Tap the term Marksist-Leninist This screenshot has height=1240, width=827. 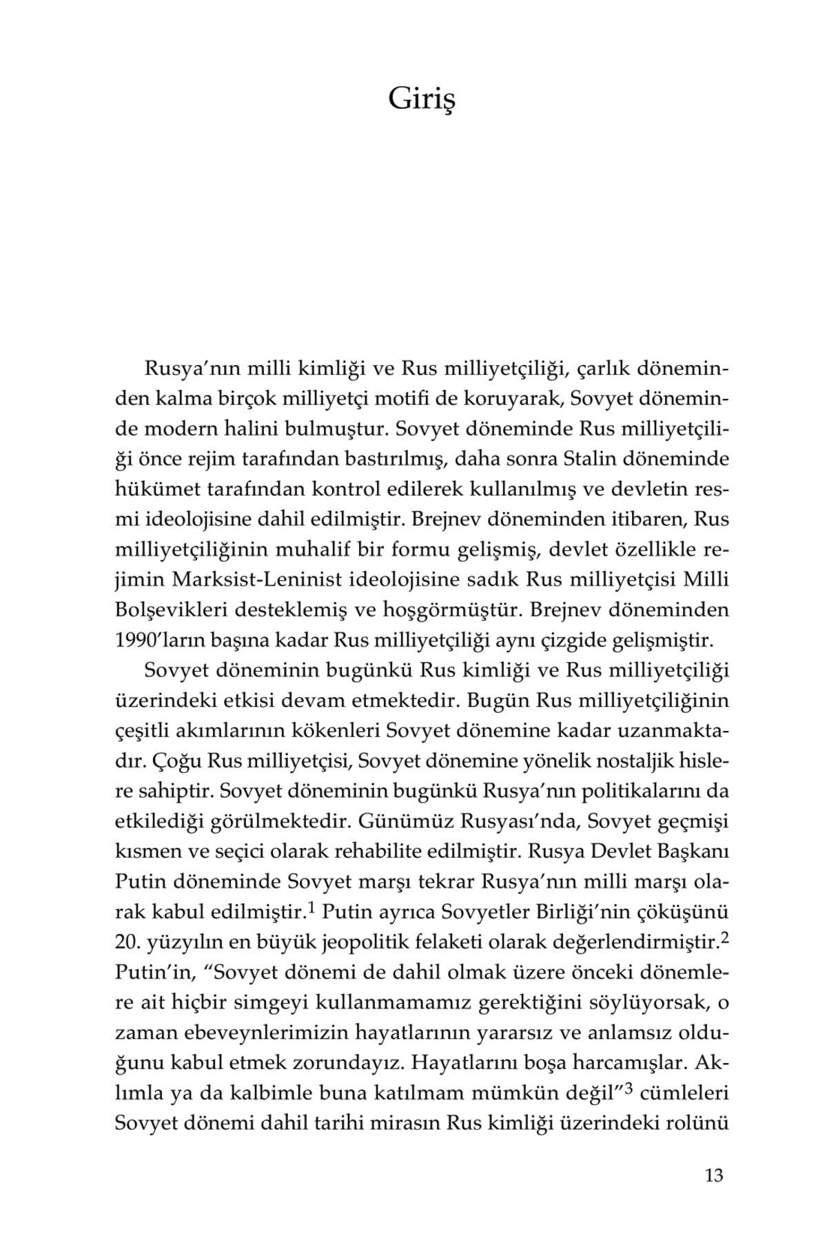click(251, 580)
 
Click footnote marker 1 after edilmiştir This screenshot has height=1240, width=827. click(311, 909)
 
